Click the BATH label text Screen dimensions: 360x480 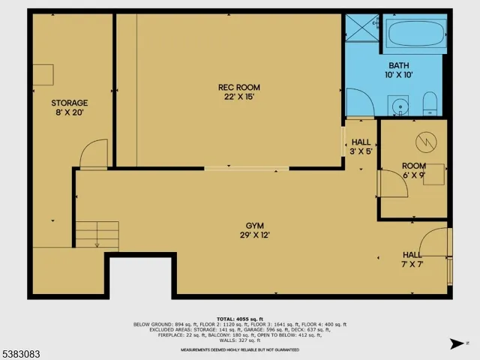pos(398,69)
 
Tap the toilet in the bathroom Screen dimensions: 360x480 pos(430,103)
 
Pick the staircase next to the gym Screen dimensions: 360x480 pos(97,235)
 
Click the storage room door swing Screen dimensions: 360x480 pos(94,154)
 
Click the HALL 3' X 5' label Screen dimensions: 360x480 pos(361,146)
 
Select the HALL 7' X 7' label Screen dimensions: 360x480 pos(412,259)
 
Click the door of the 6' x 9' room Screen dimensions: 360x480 pos(391,183)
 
